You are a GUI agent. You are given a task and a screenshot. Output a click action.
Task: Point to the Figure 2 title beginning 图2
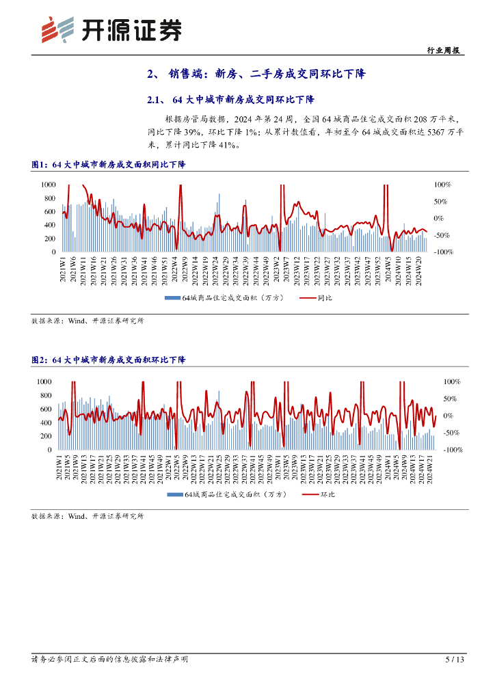point(109,360)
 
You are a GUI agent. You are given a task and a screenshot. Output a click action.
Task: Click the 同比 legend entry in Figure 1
point(317,298)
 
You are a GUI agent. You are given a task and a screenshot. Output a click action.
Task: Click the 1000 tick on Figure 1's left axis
point(47,185)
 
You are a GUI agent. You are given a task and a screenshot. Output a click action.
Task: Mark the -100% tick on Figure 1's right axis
point(444,252)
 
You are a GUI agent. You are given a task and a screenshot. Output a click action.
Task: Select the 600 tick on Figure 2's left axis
point(44,409)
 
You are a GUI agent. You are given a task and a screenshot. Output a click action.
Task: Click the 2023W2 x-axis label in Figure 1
point(277,272)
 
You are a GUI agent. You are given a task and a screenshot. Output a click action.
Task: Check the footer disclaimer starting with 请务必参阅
point(110,660)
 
